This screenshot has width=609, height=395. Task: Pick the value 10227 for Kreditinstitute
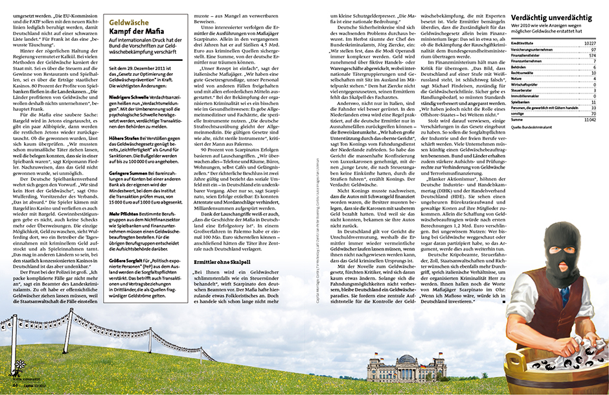589,43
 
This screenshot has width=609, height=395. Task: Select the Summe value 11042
588,119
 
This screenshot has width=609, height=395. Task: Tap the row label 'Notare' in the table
516,78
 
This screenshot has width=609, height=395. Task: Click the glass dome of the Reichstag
406,359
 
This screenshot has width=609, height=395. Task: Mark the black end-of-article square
504,301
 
